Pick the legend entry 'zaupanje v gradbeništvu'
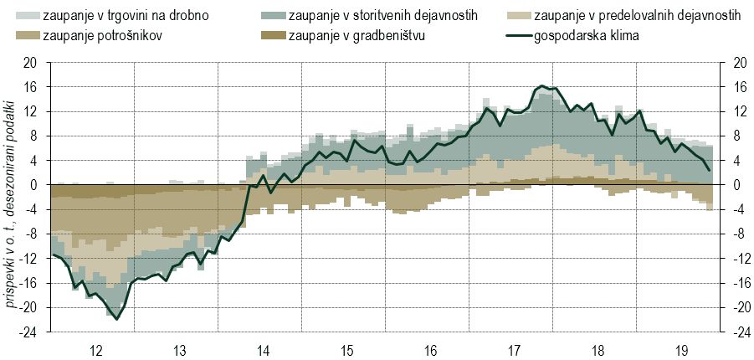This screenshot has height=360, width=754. (x=356, y=37)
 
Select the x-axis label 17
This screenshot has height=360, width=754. (x=513, y=350)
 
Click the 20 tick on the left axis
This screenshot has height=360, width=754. (x=31, y=62)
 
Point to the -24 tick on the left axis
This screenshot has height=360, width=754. (x=29, y=332)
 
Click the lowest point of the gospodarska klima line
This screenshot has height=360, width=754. (x=116, y=319)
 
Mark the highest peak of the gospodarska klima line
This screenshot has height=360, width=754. (x=542, y=85)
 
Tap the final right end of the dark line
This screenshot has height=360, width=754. (x=710, y=171)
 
